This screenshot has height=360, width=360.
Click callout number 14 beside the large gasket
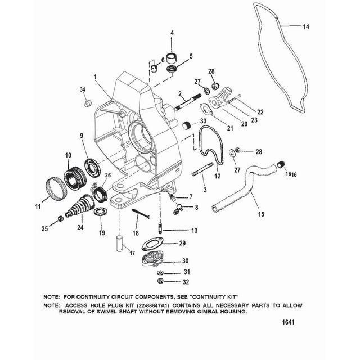click(306, 27)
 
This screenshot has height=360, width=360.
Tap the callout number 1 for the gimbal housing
click(95, 76)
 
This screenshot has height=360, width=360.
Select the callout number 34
click(83, 89)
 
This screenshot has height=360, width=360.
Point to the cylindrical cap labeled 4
click(172, 58)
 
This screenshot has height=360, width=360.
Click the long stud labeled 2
click(190, 101)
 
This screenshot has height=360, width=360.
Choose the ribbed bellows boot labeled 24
click(80, 205)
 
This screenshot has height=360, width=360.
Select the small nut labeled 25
click(60, 218)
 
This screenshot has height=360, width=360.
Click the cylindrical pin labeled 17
click(120, 243)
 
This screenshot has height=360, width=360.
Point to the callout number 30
click(185, 260)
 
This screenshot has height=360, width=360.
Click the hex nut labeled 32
click(160, 281)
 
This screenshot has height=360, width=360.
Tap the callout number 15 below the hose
click(261, 214)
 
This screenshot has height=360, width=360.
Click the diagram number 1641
click(288, 322)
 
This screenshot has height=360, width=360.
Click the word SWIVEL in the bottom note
click(126, 312)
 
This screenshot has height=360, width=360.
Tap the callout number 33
click(204, 121)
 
